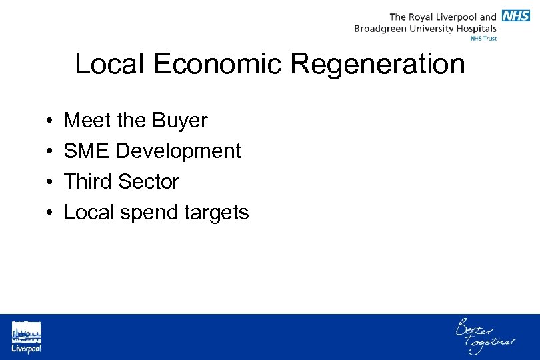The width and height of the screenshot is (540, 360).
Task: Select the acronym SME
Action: [x=87, y=151]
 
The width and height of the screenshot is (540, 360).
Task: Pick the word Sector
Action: [x=149, y=181]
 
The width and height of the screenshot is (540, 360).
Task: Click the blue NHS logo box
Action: [x=516, y=16]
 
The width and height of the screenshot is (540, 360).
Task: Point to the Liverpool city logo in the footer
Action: [x=26, y=337]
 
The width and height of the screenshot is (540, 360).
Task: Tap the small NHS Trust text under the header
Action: [x=483, y=39]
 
